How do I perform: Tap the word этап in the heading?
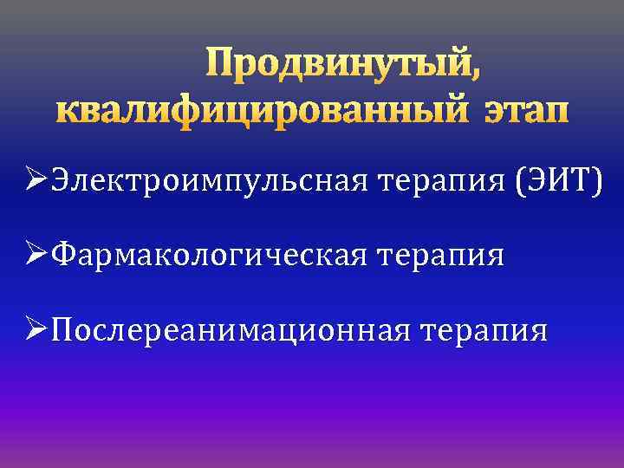click(522, 112)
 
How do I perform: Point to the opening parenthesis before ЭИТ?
click(521, 183)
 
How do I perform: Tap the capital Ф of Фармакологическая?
click(62, 255)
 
